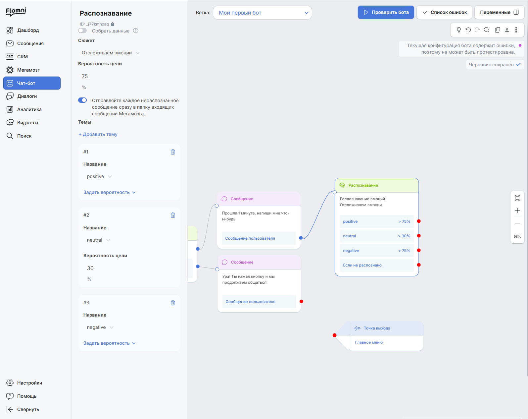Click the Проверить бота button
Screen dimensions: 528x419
click(386, 12)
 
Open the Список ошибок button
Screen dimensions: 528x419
click(444, 12)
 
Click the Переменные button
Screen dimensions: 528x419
click(499, 12)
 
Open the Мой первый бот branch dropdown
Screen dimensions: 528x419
click(262, 13)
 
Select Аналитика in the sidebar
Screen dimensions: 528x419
click(29, 109)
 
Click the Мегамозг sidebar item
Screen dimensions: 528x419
click(28, 70)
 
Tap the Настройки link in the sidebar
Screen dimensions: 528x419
click(29, 383)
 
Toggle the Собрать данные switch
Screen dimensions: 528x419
click(82, 31)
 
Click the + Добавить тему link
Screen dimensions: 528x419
click(98, 134)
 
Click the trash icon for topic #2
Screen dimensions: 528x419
click(173, 215)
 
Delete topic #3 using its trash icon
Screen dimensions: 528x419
click(173, 303)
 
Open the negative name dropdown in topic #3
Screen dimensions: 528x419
click(100, 327)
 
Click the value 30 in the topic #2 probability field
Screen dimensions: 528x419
click(90, 269)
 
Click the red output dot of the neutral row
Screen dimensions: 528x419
click(419, 236)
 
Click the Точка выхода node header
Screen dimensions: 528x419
click(386, 328)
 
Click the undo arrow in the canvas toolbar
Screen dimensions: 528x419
click(468, 30)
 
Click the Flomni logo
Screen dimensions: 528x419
click(16, 12)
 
